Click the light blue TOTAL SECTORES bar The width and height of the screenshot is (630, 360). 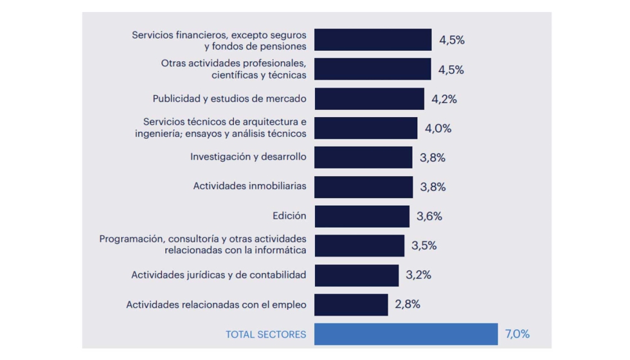pyautogui.click(x=406, y=334)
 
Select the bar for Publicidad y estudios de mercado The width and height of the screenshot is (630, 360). pyautogui.click(x=369, y=99)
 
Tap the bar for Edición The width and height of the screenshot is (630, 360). pyautogui.click(x=361, y=217)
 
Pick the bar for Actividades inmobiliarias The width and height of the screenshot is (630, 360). pyautogui.click(x=363, y=187)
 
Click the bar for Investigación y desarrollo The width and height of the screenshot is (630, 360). pyautogui.click(x=363, y=157)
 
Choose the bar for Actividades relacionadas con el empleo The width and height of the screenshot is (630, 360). pyautogui.click(x=351, y=305)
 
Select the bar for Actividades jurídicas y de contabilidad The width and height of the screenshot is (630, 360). pyautogui.click(x=356, y=275)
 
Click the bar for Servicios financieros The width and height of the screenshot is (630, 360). pyautogui.click(x=373, y=40)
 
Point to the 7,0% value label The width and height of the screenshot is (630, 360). pyautogui.click(x=517, y=334)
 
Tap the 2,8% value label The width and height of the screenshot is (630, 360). pyautogui.click(x=408, y=305)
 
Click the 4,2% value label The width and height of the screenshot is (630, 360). pyautogui.click(x=444, y=99)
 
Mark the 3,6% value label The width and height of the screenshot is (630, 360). pyautogui.click(x=429, y=217)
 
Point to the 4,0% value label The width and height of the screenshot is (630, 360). pyautogui.click(x=438, y=129)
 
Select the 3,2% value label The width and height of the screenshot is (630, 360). pyautogui.click(x=419, y=275)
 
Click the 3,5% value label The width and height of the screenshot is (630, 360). pyautogui.click(x=424, y=246)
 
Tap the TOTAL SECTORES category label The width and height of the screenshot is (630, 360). pyautogui.click(x=265, y=334)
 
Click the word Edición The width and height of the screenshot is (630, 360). pyautogui.click(x=289, y=216)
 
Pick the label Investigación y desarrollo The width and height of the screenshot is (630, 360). pyautogui.click(x=248, y=157)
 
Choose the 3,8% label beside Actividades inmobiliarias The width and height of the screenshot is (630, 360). pyautogui.click(x=433, y=187)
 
